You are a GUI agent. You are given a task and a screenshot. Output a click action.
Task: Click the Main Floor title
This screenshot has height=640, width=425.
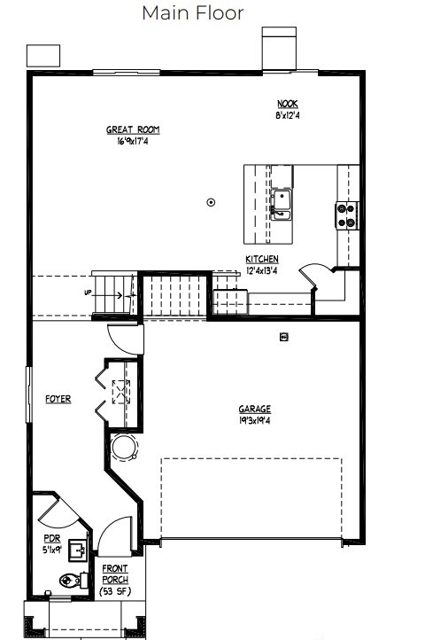[193, 13]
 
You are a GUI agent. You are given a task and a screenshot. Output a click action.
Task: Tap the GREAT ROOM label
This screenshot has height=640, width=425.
[133, 129]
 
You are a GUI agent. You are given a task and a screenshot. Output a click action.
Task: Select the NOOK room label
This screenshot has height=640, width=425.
[288, 104]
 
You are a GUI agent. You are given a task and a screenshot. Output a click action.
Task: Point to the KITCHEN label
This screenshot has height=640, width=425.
[262, 259]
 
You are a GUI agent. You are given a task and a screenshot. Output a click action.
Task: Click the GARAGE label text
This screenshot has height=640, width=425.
[254, 409]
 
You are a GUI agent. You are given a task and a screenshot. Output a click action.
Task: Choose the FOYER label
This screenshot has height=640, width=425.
[58, 399]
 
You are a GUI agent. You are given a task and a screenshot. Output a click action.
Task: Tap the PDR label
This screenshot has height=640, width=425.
[52, 539]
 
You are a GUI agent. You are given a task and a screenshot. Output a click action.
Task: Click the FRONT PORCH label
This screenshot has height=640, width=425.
[115, 574]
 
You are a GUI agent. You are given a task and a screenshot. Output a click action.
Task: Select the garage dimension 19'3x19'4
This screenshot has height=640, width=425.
[254, 420]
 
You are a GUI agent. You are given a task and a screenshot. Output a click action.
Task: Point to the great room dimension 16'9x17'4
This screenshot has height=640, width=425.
[133, 141]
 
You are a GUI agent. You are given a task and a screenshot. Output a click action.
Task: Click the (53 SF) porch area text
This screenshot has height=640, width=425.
[115, 591]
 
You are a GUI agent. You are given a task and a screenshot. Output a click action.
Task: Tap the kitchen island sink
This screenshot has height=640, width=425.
[281, 205]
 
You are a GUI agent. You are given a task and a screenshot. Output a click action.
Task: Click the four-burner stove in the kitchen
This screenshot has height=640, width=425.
[347, 216]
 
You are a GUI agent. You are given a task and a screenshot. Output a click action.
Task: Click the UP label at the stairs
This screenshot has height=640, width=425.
[88, 293]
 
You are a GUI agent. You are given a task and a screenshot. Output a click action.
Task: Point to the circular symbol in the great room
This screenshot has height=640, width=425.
[211, 202]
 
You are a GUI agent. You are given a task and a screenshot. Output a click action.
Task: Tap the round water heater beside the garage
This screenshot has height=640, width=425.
[125, 447]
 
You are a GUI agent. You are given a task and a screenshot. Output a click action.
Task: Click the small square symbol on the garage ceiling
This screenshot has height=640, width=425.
[284, 337]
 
